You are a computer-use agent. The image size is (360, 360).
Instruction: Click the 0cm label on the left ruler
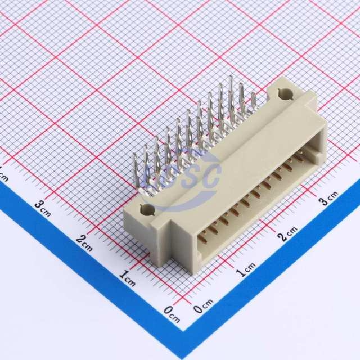tap(172, 314)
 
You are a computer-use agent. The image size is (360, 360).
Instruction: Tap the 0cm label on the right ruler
tap(203, 306)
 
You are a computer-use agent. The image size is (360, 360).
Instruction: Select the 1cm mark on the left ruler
tap(128, 278)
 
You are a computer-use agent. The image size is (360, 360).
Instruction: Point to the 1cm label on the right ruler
tap(246, 269)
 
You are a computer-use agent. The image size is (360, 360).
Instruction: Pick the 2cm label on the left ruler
tap(84, 243)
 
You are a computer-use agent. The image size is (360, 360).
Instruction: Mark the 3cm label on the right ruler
tap(329, 198)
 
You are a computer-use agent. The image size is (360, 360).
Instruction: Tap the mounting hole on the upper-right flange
tap(285, 94)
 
